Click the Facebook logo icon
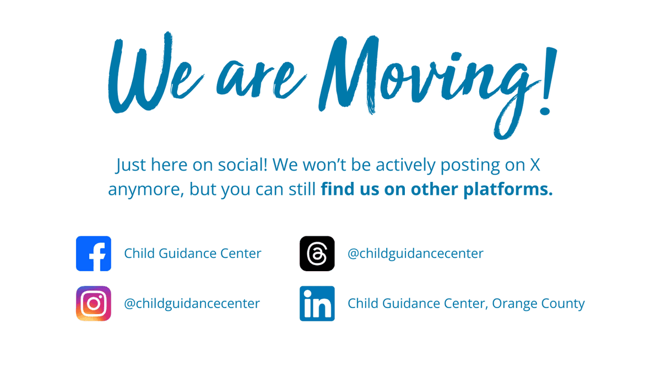94,254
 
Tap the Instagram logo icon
94,304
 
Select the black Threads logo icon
317,254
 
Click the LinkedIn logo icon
317,304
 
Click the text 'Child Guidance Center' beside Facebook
193,254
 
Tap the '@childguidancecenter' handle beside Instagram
192,304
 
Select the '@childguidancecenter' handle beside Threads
415,254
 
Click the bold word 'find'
337,189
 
